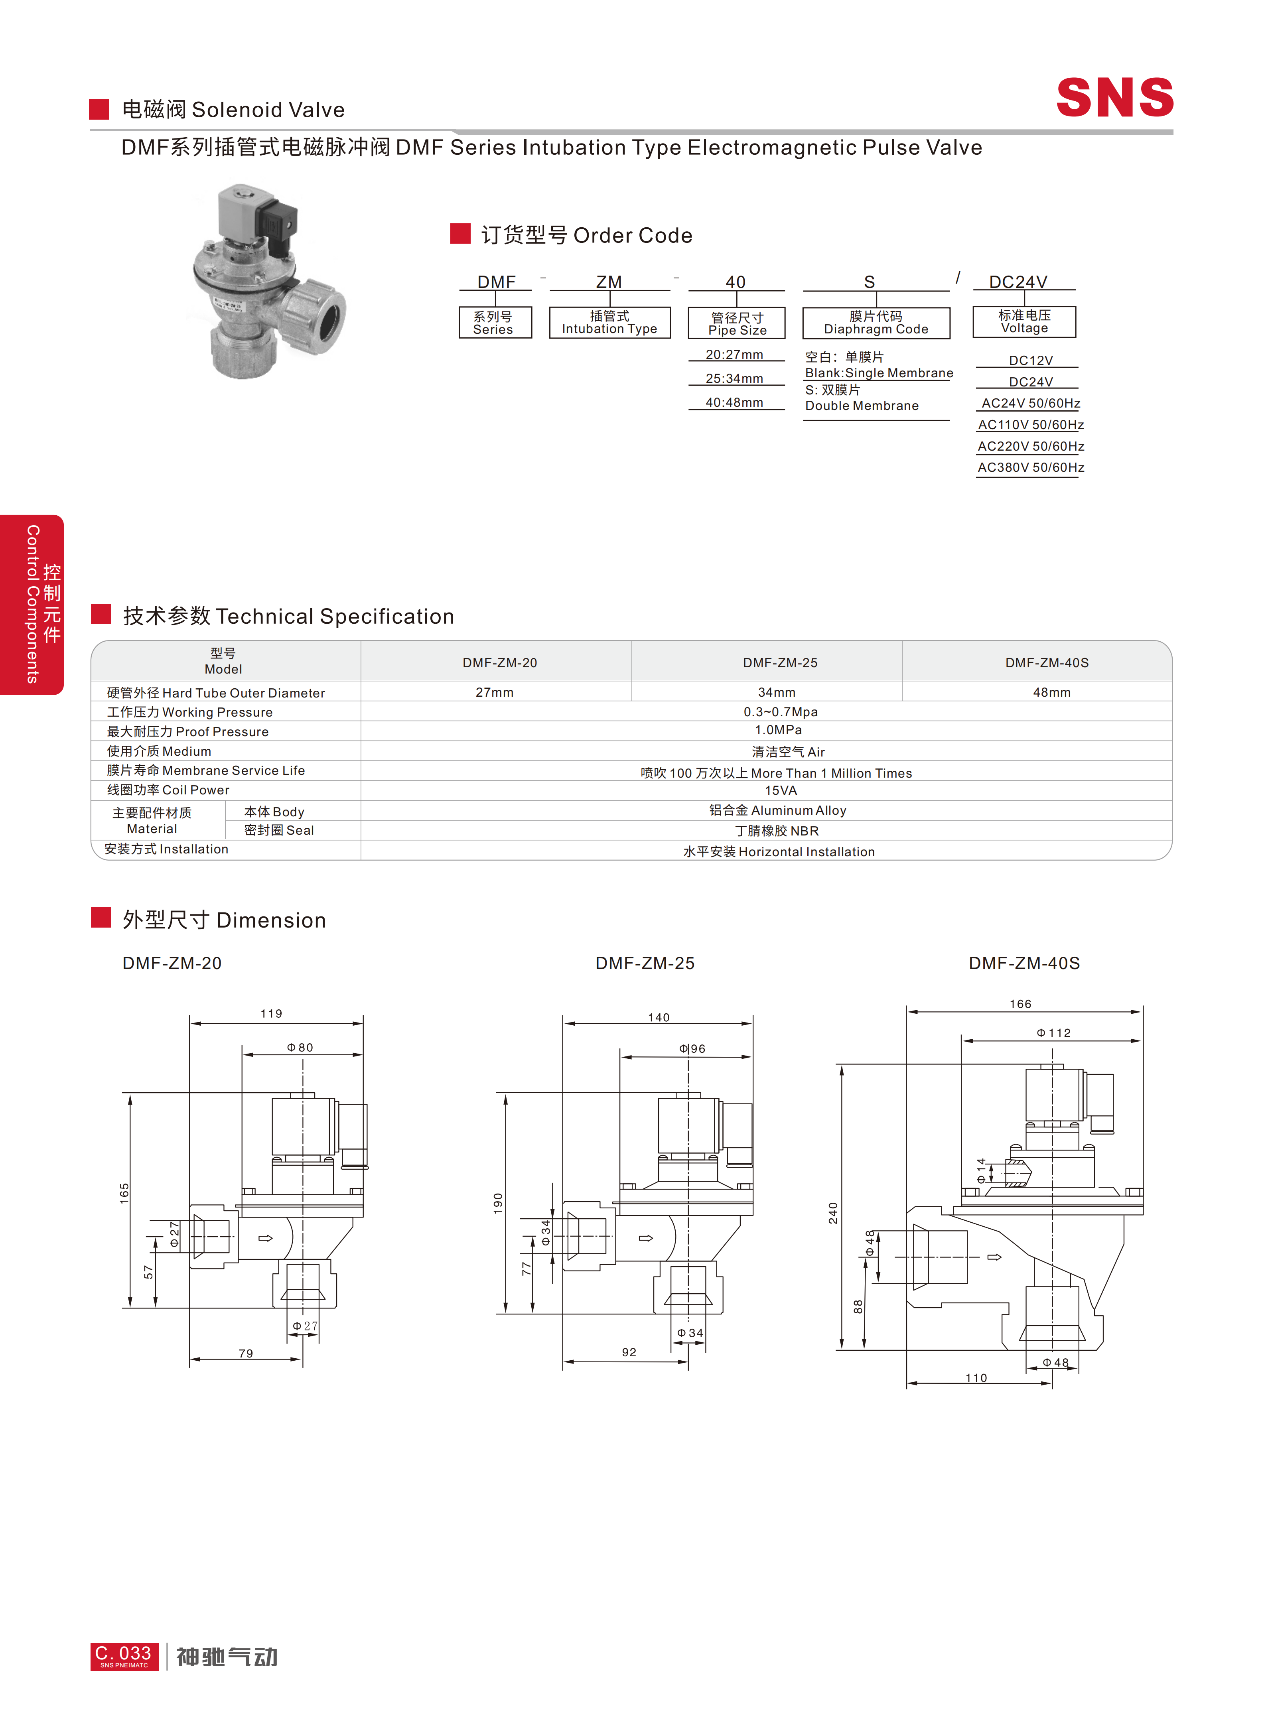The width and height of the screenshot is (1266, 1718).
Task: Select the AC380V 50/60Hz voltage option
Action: click(1031, 467)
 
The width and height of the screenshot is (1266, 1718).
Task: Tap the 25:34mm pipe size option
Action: click(734, 378)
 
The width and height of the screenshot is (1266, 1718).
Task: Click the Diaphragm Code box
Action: click(876, 323)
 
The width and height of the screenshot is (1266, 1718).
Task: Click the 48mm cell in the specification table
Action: click(1051, 692)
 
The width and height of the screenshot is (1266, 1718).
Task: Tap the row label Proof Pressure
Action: click(188, 732)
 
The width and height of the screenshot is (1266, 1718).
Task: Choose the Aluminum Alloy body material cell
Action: click(778, 810)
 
